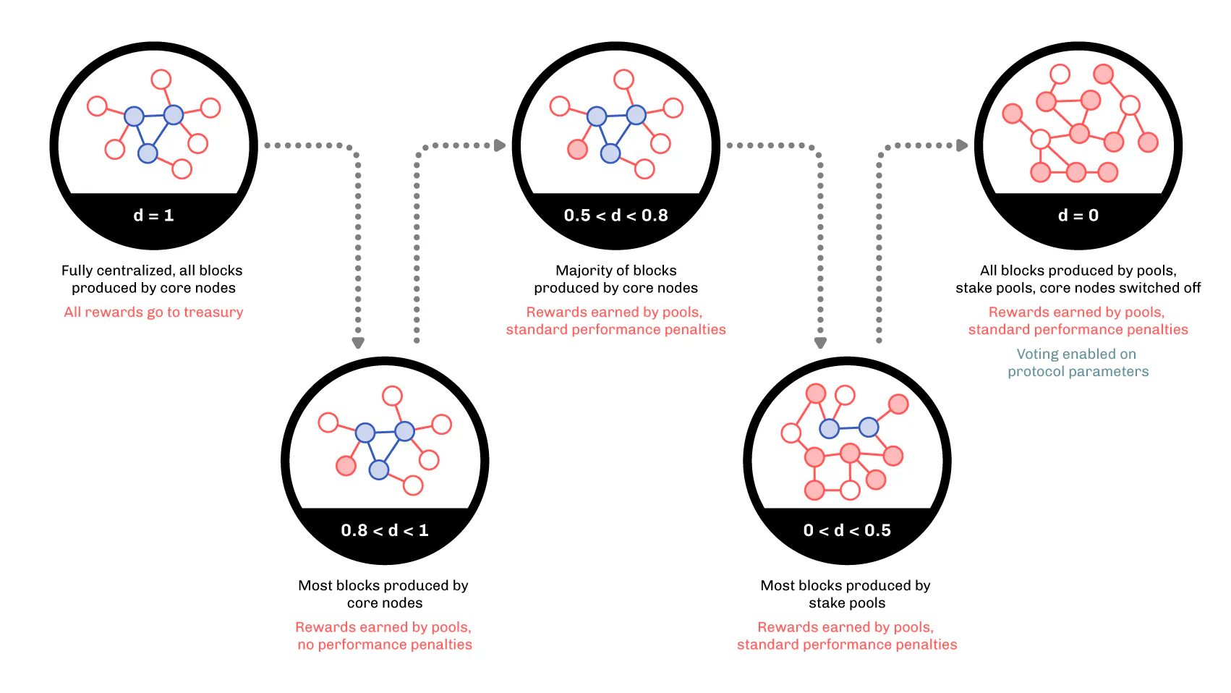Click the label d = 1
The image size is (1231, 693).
tap(153, 215)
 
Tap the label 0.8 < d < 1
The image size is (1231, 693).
tap(385, 530)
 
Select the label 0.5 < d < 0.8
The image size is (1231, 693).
tap(616, 215)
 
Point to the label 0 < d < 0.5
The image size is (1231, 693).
tap(847, 530)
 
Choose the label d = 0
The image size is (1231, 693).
tap(1078, 215)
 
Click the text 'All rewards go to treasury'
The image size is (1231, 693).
tap(153, 313)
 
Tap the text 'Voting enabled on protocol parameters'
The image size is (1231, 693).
tap(1078, 362)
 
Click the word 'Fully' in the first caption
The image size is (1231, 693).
tap(77, 271)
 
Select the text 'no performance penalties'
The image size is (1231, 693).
tap(385, 644)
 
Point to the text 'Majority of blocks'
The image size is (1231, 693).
tap(616, 271)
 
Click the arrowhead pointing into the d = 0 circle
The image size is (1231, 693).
tap(962, 145)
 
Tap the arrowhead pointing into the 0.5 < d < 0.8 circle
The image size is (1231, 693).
tap(500, 145)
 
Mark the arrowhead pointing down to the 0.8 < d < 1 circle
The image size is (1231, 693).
tap(358, 344)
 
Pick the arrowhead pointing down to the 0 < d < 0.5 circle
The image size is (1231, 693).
tap(820, 344)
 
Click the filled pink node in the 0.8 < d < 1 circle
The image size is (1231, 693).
tap(346, 466)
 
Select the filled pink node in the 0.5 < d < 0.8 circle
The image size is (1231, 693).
tap(578, 149)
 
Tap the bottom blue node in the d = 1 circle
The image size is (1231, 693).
tap(148, 153)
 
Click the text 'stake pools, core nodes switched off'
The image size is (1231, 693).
tap(1078, 288)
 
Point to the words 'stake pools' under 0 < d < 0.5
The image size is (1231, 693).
tap(847, 603)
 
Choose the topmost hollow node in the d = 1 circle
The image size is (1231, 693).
tap(161, 79)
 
